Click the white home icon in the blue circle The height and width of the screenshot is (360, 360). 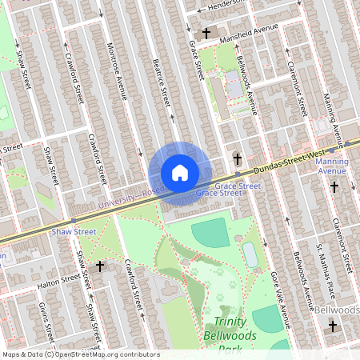point(179,173)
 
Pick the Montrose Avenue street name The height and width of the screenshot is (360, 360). point(117,70)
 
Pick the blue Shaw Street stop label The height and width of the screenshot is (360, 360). point(74,231)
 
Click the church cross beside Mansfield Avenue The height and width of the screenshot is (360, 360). point(206,34)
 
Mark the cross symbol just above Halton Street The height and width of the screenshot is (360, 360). point(99,266)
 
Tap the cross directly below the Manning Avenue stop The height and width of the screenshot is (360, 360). point(334,187)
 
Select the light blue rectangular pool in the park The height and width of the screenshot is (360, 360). point(250,255)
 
